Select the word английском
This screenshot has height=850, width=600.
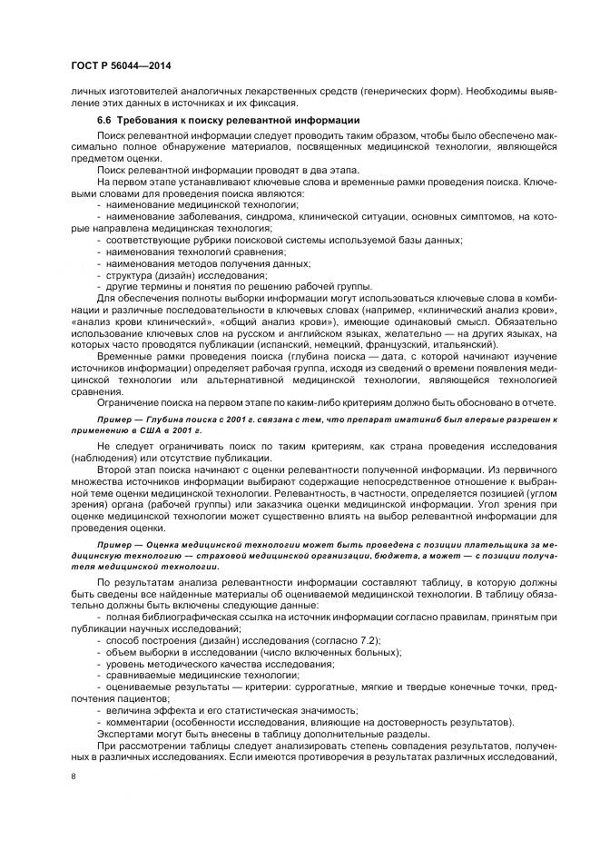click(x=273, y=335)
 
